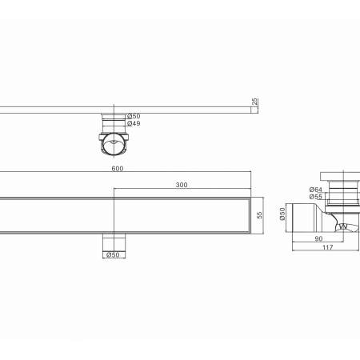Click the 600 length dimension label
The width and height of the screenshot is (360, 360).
[118, 169]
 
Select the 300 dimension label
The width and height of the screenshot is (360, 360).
[182, 185]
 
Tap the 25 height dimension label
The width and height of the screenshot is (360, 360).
[255, 102]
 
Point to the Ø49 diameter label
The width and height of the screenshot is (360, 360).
[134, 123]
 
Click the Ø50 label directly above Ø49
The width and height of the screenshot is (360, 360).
[134, 116]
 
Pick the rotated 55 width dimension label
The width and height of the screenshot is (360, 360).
[259, 215]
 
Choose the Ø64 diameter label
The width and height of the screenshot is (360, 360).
[316, 190]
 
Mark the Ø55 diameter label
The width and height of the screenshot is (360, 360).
[316, 197]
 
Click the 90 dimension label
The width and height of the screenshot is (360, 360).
[318, 238]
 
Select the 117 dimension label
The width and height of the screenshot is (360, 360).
[328, 247]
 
